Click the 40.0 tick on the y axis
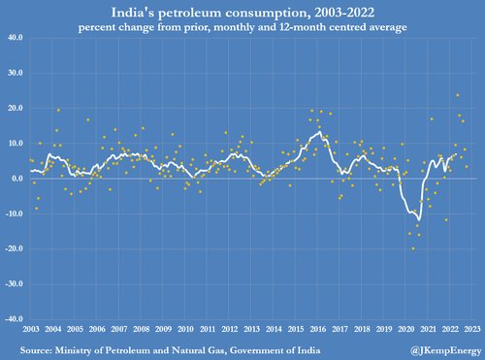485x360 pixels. tap(15, 39)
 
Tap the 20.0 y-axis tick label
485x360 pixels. tap(15, 109)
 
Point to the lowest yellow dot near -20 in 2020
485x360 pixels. tap(413, 248)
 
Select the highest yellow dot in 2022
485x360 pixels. tap(457, 95)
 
